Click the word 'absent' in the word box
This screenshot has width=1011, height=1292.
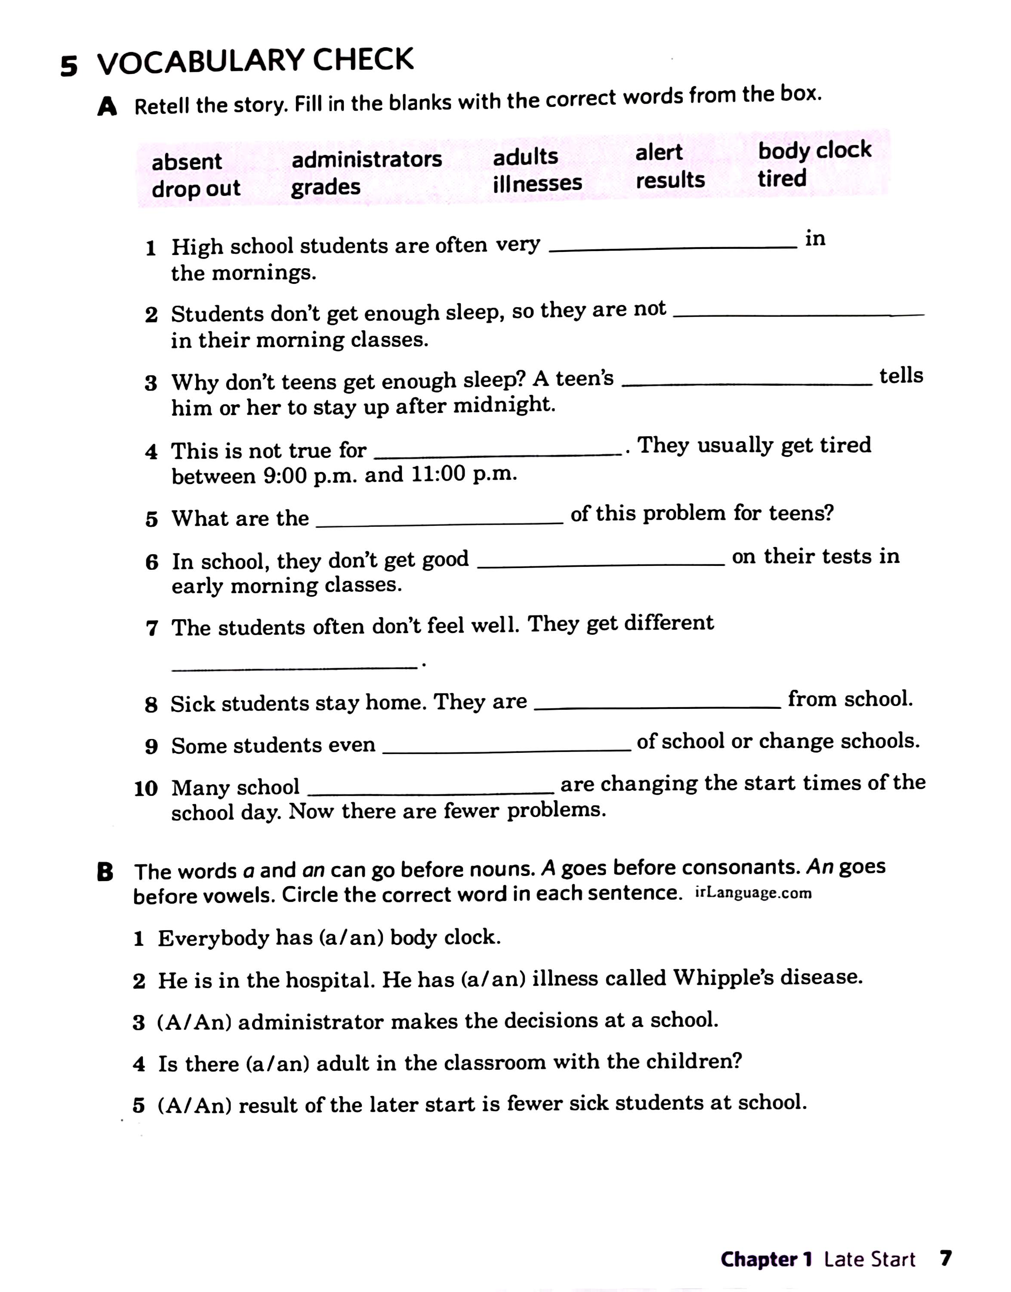coord(186,162)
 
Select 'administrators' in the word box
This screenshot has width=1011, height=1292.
coord(367,159)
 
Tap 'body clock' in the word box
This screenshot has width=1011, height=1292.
coord(814,150)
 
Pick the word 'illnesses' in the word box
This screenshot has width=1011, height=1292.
coord(537,183)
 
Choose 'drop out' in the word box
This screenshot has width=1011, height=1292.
coord(196,189)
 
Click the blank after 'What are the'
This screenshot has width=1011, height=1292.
coord(439,521)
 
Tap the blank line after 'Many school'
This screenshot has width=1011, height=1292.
coord(431,791)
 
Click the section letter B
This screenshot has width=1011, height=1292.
coord(105,873)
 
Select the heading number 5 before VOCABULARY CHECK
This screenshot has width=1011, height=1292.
coord(69,66)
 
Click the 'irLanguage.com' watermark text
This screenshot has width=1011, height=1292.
coord(753,893)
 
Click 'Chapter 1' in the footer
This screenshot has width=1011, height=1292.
coord(765,1259)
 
